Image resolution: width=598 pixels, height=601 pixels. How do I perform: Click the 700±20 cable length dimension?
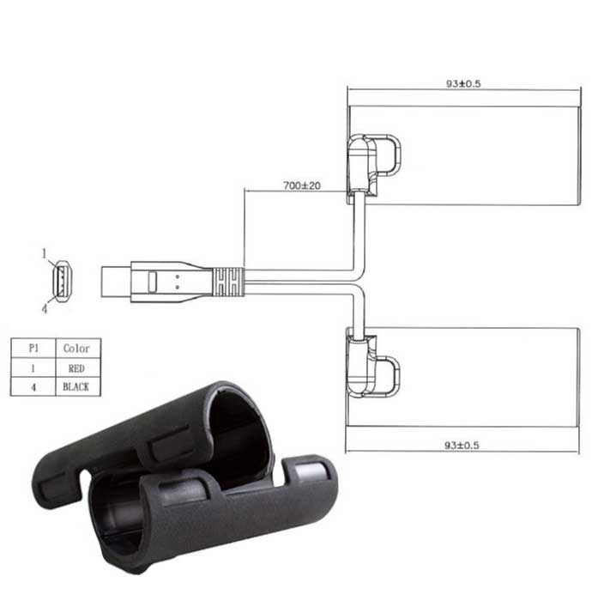pos(302,186)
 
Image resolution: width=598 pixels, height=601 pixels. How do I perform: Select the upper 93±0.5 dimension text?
pos(463,83)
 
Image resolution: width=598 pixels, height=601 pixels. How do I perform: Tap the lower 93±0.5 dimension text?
pos(462,445)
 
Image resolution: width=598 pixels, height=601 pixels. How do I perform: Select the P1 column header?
pos(33,348)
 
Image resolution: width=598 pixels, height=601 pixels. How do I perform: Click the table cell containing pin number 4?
pos(33,386)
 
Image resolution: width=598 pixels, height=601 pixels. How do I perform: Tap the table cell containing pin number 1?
pos(33,368)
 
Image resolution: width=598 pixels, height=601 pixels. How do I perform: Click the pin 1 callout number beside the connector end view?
pos(45,253)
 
